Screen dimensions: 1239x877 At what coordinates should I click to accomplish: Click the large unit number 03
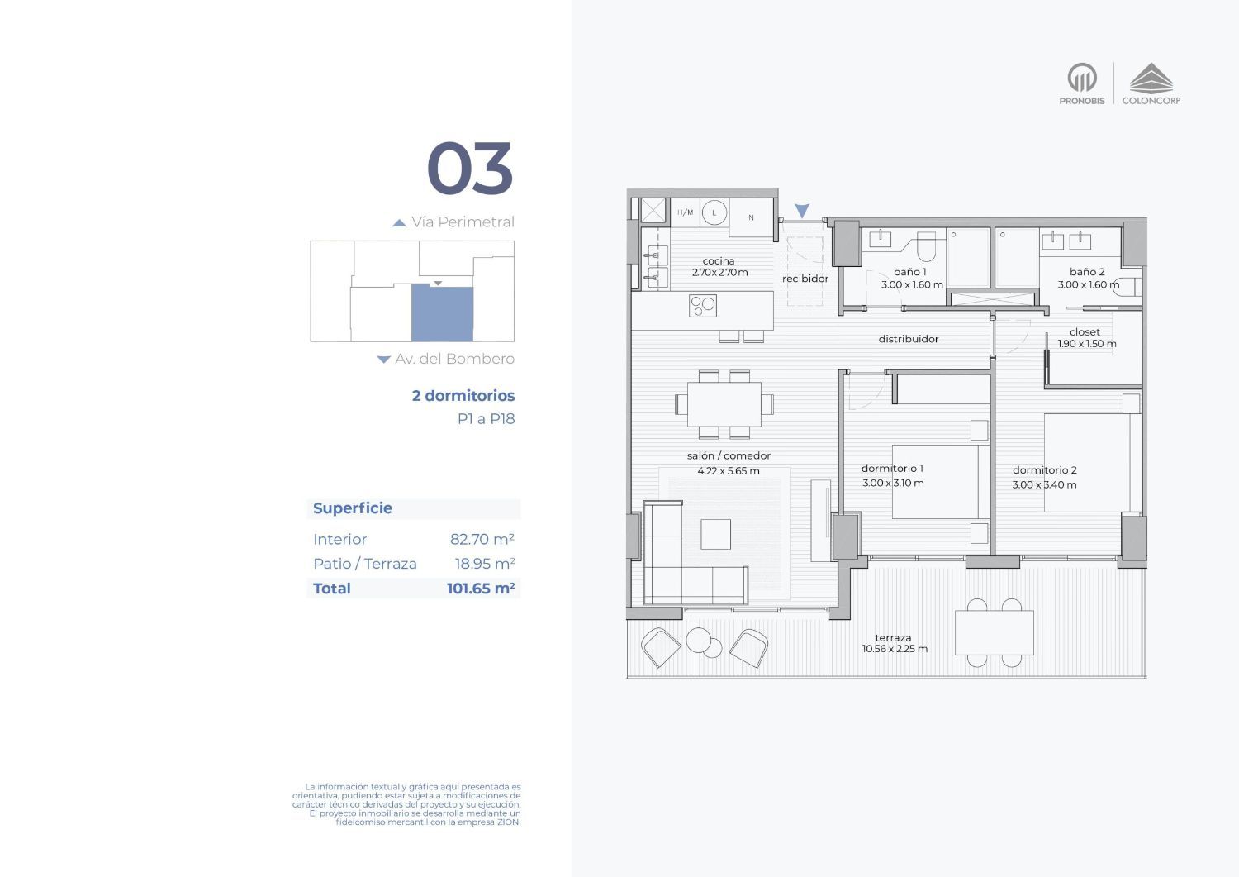[470, 168]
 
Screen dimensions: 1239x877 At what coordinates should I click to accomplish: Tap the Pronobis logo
[1082, 83]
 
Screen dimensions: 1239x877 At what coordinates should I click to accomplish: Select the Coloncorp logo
[1151, 83]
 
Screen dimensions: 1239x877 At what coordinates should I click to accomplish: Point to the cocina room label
[719, 260]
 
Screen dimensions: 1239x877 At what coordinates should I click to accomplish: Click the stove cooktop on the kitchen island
[703, 306]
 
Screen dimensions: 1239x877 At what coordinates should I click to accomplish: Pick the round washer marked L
[714, 212]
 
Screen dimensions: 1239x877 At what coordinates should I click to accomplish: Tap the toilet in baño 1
[927, 246]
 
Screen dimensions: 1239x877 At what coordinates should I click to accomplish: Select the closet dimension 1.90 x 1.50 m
[1087, 344]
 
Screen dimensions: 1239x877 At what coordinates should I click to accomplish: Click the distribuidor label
[909, 339]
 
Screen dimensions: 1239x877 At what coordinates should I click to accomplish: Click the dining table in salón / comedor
[724, 404]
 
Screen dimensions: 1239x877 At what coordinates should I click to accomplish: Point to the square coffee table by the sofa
[716, 534]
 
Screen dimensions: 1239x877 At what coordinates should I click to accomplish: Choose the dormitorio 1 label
[891, 469]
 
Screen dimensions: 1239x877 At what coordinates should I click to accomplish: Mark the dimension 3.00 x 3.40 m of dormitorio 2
[1044, 485]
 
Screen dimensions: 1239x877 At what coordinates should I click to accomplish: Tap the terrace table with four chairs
[994, 633]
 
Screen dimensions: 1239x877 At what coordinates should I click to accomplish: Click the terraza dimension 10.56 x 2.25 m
[895, 649]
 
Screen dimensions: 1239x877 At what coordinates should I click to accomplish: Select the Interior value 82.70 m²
[482, 539]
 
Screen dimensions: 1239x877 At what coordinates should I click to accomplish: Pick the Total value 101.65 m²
[481, 588]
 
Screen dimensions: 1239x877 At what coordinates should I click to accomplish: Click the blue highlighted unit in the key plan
[442, 312]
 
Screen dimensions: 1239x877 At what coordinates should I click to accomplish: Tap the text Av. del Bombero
[454, 359]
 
